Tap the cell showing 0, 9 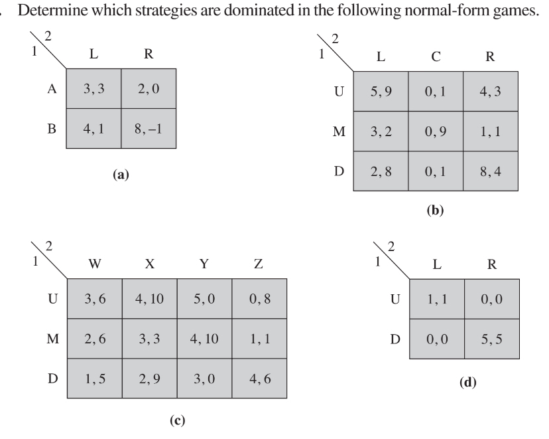[435, 132]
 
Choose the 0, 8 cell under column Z [259, 298]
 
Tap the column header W [95, 264]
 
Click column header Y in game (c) [205, 264]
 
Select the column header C [435, 56]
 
